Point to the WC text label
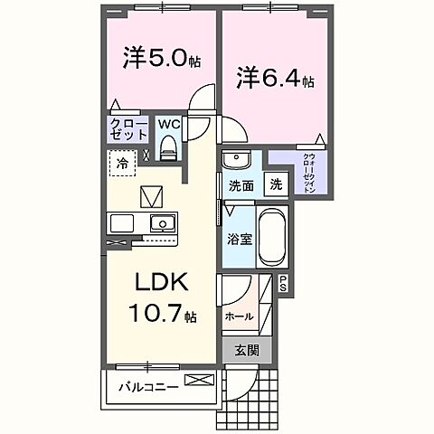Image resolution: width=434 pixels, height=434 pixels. pos(169,124)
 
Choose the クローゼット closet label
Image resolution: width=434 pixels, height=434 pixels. pos(127,128)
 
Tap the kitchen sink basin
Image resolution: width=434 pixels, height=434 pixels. pos(163,223)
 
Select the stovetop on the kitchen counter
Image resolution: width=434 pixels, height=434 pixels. pos(120,223)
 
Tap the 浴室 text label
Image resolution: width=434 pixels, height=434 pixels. pos(239,242)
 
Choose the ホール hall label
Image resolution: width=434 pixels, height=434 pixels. pos(239,316)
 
